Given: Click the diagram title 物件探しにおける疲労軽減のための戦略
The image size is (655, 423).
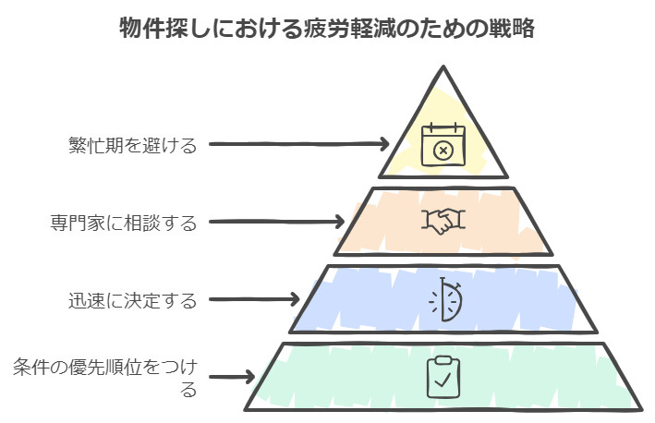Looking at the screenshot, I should click(327, 28).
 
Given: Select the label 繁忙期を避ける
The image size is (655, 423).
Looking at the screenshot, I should click(132, 144).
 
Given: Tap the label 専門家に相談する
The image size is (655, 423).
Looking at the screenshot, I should click(123, 223).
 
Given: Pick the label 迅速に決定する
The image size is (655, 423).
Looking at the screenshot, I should click(132, 300).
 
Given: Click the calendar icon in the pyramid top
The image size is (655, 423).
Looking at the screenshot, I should click(443, 145).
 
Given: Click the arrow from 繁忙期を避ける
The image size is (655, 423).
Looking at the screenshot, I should click(296, 144).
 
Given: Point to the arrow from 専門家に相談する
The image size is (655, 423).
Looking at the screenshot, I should click(273, 223).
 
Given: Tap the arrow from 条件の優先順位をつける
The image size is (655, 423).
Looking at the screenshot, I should click(231, 376).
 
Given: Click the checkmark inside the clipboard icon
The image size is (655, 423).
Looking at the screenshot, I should click(443, 379).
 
